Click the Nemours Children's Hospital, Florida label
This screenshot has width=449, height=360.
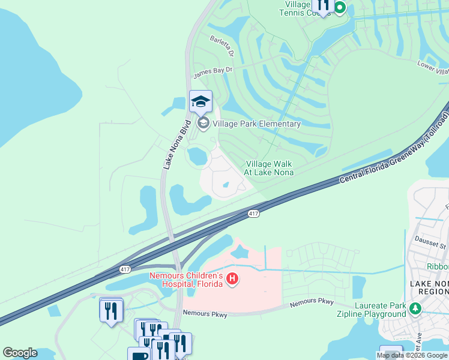click(x=186, y=280)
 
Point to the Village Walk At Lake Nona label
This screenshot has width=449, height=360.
click(x=268, y=168)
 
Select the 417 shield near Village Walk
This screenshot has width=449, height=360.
click(x=254, y=214)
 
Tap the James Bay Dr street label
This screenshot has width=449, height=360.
click(x=212, y=73)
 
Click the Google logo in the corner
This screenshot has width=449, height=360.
click(x=20, y=353)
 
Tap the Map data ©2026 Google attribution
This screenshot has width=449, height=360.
click(x=412, y=355)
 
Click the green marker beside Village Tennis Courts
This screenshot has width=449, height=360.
click(x=340, y=8)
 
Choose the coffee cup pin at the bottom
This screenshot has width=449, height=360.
click(x=139, y=354)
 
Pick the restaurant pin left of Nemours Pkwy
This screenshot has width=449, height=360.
click(x=111, y=311)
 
